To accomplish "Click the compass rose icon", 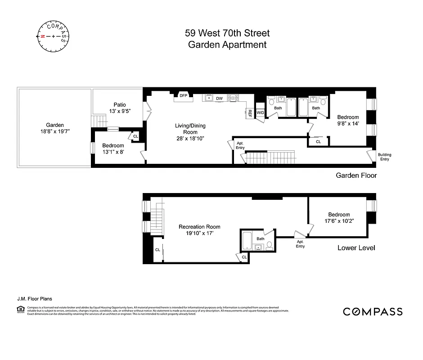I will pos(53,36).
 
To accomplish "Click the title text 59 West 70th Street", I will pos(227,33).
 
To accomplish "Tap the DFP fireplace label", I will pos(183,95).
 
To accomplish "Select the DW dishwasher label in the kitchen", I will pos(219,98).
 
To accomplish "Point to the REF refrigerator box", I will pos(249,113).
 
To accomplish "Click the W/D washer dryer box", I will pos(260,112).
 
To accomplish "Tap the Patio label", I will pos(119,105).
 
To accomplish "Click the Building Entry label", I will pos(385,157).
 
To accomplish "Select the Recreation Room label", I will pos(199,227).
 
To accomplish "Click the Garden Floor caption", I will pos(356,175).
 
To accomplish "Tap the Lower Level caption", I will pos(356,248).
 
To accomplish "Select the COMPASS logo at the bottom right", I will pos(373,311).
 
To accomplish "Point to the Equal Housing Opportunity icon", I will pos(21,309).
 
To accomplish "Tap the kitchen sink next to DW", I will pos(209,97).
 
